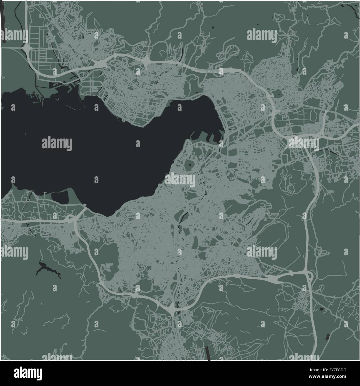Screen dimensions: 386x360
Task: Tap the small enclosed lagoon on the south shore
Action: pos(60,197)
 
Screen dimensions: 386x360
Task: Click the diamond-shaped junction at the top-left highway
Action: pos(26,49)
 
